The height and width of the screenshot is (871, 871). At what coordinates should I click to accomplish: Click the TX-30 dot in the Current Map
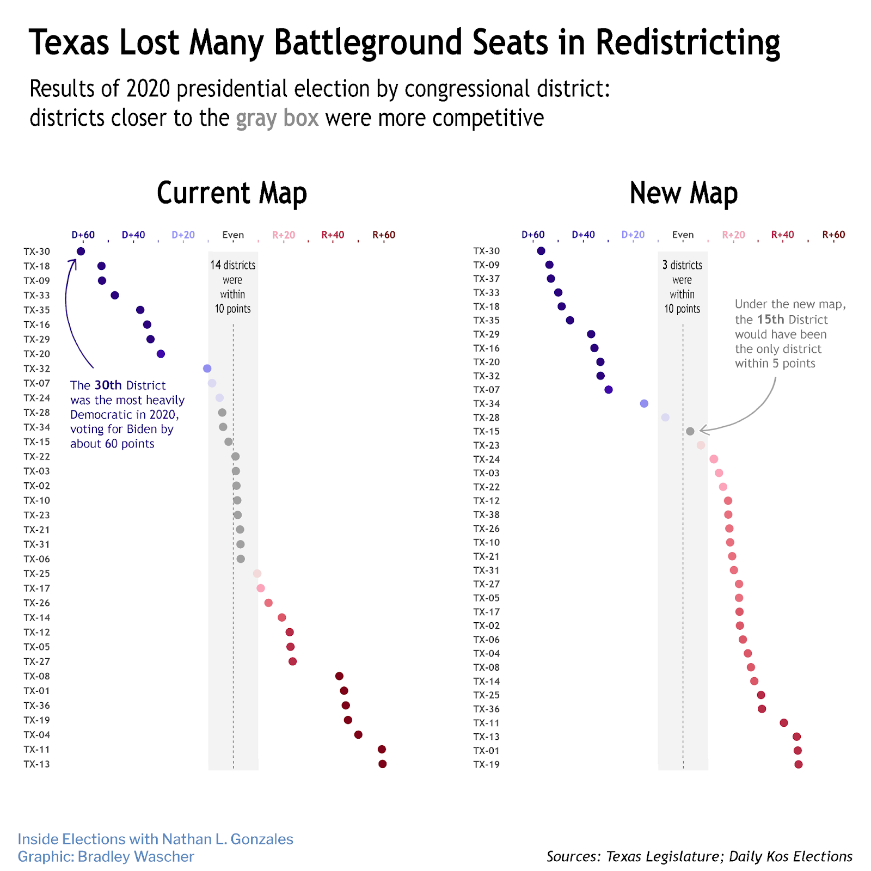[x=81, y=252]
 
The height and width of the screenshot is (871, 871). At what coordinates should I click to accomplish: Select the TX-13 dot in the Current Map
[x=382, y=764]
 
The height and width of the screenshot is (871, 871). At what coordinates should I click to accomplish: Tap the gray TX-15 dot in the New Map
[x=690, y=431]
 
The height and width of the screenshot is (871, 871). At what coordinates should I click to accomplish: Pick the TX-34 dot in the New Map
[x=644, y=403]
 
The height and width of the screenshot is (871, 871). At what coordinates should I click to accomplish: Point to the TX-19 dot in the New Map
[x=799, y=764]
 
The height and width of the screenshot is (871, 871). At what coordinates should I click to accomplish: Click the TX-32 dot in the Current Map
[x=207, y=369]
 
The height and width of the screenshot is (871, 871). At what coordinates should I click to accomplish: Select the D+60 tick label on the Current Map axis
[x=83, y=235]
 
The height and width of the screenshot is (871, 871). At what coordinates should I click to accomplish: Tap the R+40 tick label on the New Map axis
[x=782, y=235]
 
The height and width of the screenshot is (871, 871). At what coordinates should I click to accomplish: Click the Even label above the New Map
[x=683, y=235]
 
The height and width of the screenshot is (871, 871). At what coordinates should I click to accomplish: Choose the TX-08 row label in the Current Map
[x=37, y=676]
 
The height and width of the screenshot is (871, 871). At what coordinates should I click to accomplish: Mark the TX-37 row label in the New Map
[x=487, y=279]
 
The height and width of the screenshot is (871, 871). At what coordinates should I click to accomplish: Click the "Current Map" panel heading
[x=232, y=193]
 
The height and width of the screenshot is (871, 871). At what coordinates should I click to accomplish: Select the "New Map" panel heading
[x=683, y=193]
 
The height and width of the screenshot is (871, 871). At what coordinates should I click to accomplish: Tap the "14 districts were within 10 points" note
[x=233, y=287]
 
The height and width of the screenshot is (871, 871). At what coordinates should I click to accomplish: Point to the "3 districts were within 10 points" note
[x=682, y=287]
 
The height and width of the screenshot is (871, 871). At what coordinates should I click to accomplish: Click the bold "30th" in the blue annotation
[x=108, y=385]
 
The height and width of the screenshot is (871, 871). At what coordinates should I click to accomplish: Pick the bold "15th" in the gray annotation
[x=770, y=320]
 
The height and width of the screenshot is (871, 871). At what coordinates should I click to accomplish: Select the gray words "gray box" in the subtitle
[x=277, y=118]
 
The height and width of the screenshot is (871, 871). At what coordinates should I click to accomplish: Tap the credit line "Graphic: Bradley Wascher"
[x=106, y=856]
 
